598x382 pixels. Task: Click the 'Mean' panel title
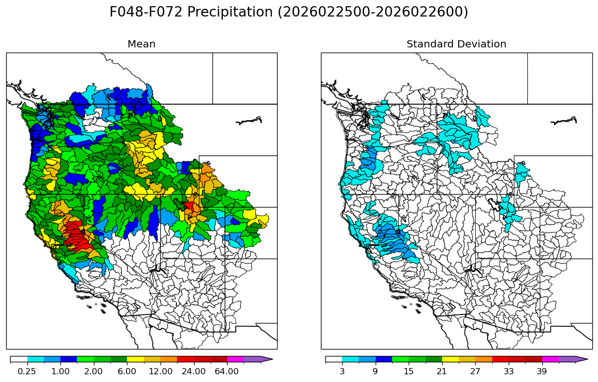[x=141, y=44]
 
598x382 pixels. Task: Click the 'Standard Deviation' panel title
[x=456, y=44]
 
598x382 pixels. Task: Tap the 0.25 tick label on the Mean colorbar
[x=27, y=371]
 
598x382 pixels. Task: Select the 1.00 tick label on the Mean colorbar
[x=60, y=371]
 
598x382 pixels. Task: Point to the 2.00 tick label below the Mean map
[x=93, y=371]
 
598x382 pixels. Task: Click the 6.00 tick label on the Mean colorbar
[x=127, y=371]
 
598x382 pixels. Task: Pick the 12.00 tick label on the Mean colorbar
[x=160, y=371]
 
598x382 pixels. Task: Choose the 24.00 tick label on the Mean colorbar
[x=193, y=371]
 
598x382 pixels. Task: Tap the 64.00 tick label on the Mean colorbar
[x=227, y=371]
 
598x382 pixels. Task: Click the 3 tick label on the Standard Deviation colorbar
[x=342, y=371]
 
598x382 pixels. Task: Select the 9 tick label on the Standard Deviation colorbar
[x=375, y=371]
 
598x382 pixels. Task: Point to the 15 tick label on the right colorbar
[x=409, y=371]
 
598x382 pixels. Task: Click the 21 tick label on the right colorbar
[x=442, y=371]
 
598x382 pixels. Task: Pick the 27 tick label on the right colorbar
[x=475, y=371]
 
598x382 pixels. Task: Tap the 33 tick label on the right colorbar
[x=509, y=371]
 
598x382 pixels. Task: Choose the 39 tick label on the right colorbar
[x=542, y=371]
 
